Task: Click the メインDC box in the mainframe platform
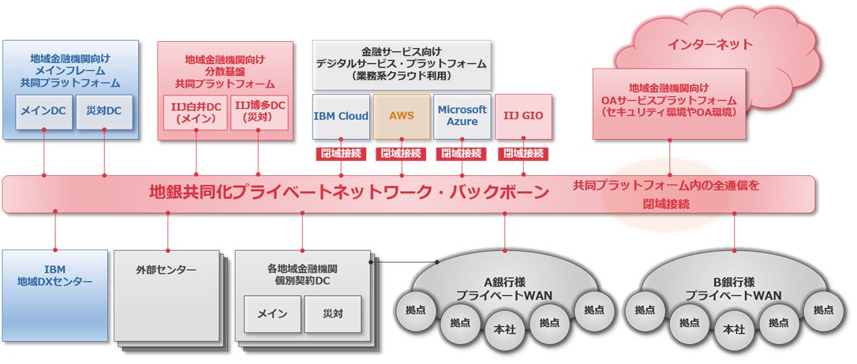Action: pyautogui.click(x=43, y=111)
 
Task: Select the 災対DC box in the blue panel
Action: pyautogui.click(x=104, y=111)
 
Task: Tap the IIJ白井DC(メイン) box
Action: pyautogui.click(x=196, y=112)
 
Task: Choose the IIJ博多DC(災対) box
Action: pyautogui.click(x=259, y=112)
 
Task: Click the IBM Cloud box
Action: pyautogui.click(x=341, y=116)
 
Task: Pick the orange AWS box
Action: pyautogui.click(x=402, y=116)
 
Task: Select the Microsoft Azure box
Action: pyautogui.click(x=462, y=116)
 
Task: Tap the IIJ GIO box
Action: pyautogui.click(x=523, y=116)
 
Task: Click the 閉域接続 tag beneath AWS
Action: pyautogui.click(x=402, y=154)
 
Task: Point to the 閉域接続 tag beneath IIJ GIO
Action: pyautogui.click(x=524, y=154)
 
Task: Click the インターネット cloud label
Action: pyautogui.click(x=710, y=44)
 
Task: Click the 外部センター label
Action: pyautogui.click(x=167, y=269)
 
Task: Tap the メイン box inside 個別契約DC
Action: pyautogui.click(x=272, y=313)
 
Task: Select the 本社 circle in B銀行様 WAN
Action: pyautogui.click(x=733, y=329)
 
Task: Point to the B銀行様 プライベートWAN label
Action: pyautogui.click(x=733, y=289)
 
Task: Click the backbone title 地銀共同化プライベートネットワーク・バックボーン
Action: pyautogui.click(x=350, y=193)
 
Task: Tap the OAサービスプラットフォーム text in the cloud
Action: pyautogui.click(x=669, y=100)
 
